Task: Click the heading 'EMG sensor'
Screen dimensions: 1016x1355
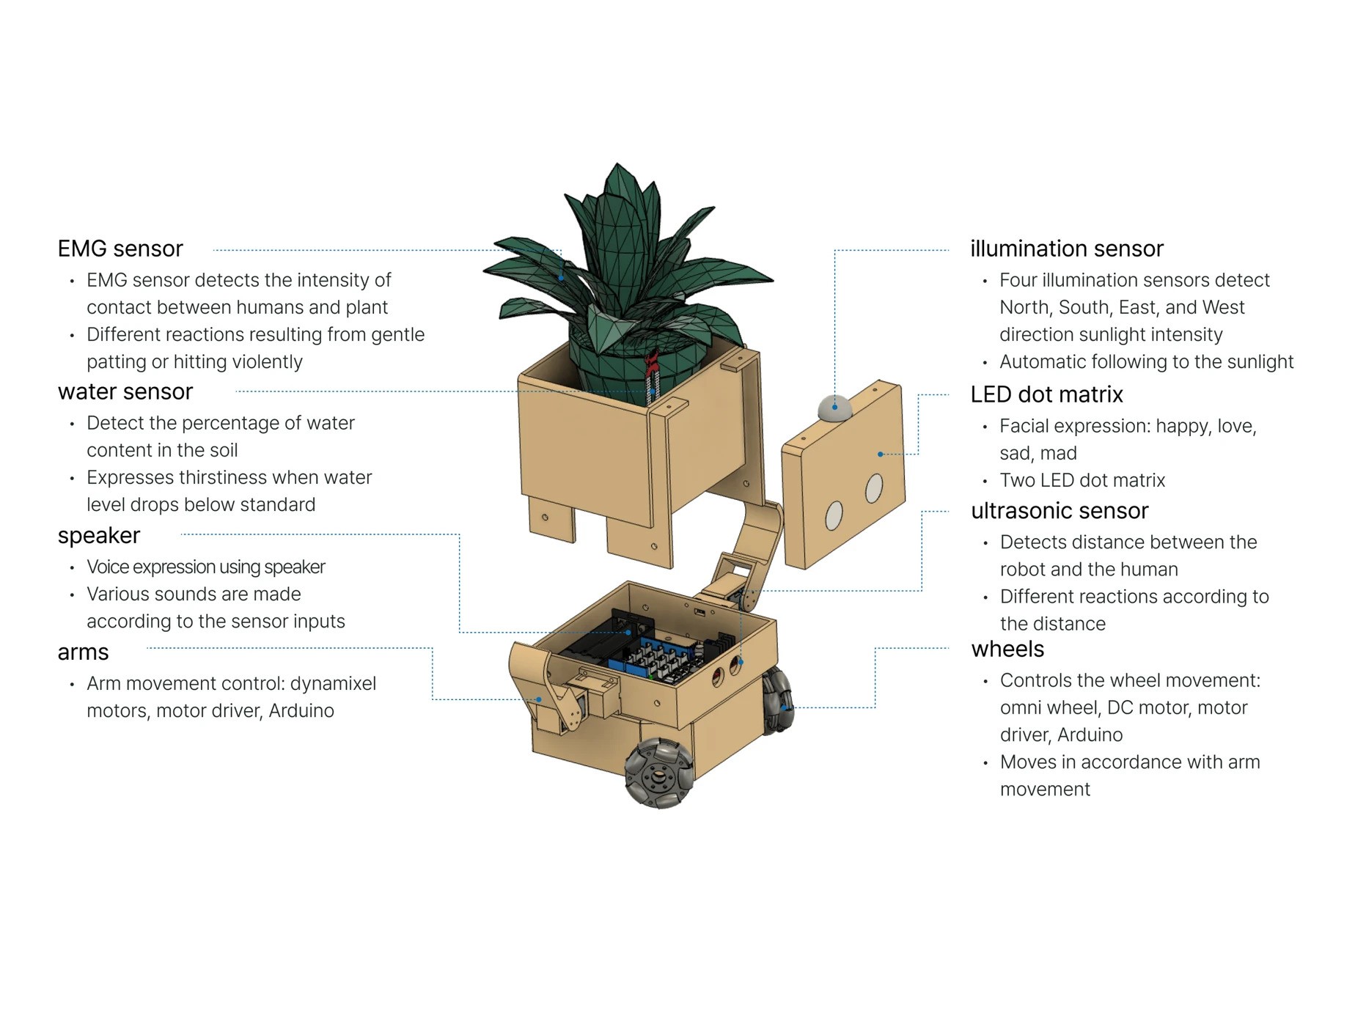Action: [x=120, y=249]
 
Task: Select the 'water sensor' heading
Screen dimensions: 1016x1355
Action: [x=125, y=392]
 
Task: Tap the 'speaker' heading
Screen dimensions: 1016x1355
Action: [x=99, y=536]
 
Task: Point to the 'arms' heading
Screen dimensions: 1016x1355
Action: [x=84, y=652]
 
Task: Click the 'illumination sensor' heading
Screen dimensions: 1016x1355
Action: [x=1066, y=249]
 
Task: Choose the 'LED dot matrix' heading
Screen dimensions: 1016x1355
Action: [x=1046, y=395]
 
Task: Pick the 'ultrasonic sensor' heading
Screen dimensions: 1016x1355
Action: [x=1060, y=511]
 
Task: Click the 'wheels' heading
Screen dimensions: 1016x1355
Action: [x=1007, y=649]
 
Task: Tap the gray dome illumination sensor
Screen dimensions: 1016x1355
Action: [x=834, y=408]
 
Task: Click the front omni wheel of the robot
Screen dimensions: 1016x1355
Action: [x=658, y=773]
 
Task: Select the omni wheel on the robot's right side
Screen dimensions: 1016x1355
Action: [x=777, y=701]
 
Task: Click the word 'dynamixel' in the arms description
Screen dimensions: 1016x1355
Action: [x=333, y=684]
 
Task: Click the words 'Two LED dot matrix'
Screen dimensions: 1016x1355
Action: [x=1082, y=481]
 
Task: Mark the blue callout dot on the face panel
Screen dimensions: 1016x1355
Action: [x=881, y=454]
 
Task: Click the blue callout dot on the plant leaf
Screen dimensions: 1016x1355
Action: [x=561, y=278]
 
